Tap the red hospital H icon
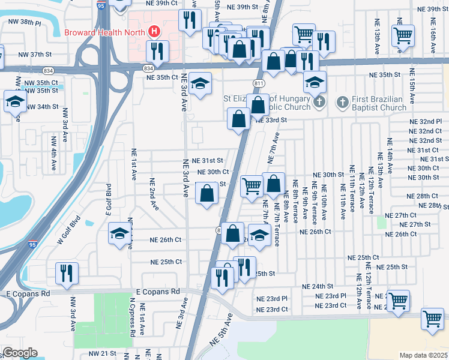tap(154, 31)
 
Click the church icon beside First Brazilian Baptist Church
tap(342, 103)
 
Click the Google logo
tap(20, 353)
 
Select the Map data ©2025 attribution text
tap(423, 355)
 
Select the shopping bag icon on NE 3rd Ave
tap(206, 193)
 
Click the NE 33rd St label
tap(272, 120)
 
